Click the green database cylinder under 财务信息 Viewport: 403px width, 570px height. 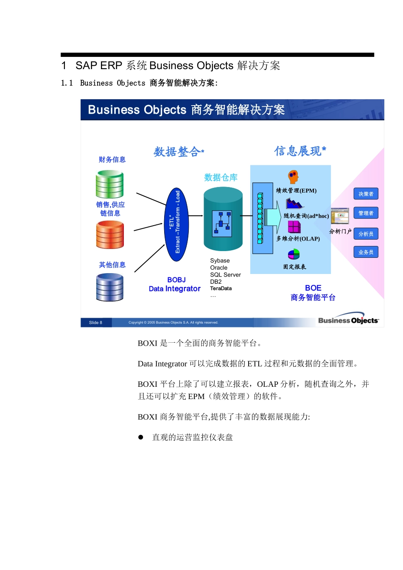pos(109,184)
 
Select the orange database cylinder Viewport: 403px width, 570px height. pos(110,235)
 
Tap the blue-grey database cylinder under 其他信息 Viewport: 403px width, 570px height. pos(109,287)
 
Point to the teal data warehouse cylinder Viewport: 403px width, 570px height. pos(223,219)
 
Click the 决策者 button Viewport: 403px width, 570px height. pos(366,194)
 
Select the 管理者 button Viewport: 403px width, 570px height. pos(366,213)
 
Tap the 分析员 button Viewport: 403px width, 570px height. pos(366,234)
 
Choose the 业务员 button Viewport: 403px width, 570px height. pos(366,252)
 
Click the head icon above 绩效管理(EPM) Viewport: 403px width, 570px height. pos(293,176)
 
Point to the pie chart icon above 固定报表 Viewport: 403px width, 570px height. pos(294,254)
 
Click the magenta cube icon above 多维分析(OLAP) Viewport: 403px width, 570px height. pos(294,227)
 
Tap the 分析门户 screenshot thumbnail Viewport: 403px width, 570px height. pos(340,216)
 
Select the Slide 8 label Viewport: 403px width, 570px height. pos(96,323)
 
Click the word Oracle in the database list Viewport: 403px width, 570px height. pos(219,268)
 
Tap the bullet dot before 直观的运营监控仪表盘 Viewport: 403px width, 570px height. pos(141,437)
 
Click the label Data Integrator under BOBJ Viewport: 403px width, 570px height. pos(175,289)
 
